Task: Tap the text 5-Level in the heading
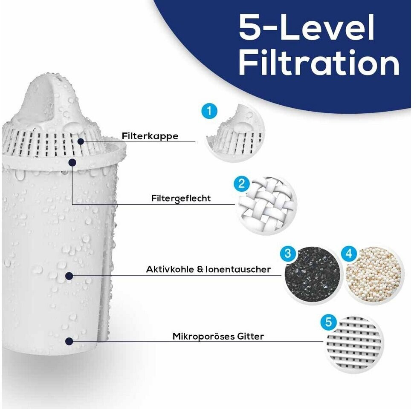coord(307,27)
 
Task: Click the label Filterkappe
coord(150,136)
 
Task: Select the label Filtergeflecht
coord(181,199)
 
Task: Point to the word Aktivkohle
coord(170,269)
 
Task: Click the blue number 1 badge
coord(209,111)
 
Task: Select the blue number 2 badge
coord(241,183)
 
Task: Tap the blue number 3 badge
coord(288,253)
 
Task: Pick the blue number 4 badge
coord(349,253)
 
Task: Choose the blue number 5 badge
coord(328,323)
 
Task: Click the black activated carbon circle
coord(312,275)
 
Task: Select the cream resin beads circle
coord(374,275)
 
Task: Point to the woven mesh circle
coord(266,205)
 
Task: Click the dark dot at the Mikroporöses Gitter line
coord(69,341)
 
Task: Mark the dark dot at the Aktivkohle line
coord(69,276)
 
